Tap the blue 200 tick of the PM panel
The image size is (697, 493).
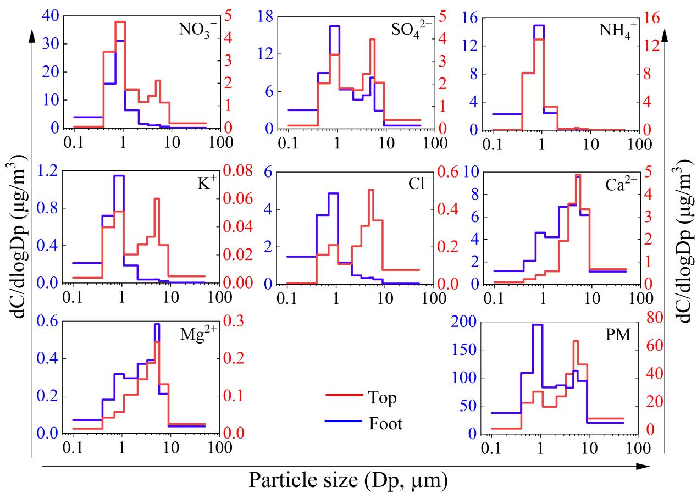pos(462,322)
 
